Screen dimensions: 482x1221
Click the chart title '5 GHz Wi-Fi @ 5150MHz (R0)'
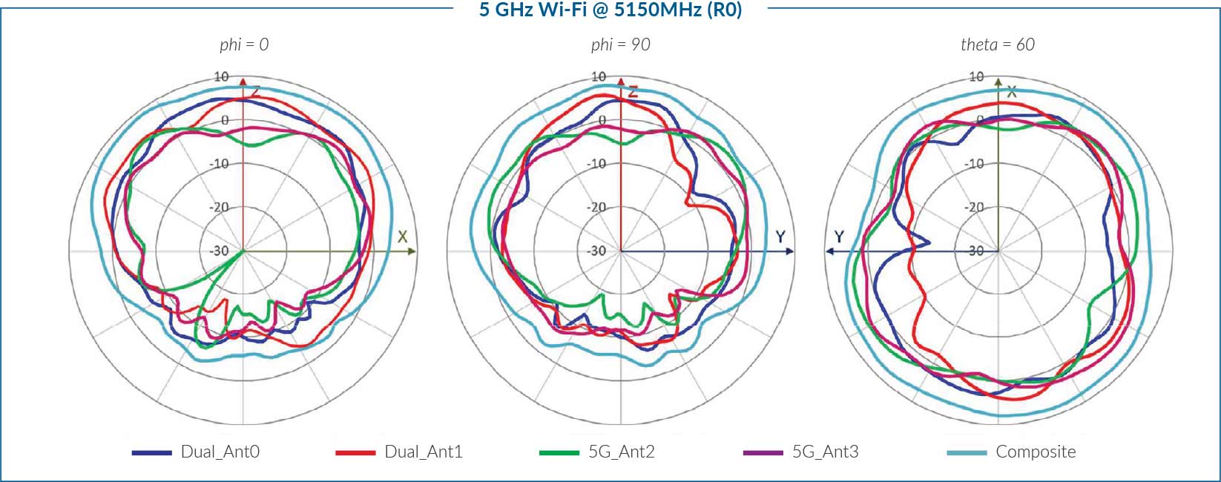[x=610, y=10]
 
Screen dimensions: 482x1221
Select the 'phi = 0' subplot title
[x=244, y=44]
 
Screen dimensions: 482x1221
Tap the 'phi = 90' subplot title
[x=620, y=44]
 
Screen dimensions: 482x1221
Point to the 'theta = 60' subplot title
[x=997, y=44]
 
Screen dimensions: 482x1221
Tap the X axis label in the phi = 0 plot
[x=402, y=237]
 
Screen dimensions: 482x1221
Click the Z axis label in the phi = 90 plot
[x=633, y=93]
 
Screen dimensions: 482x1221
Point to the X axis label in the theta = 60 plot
[x=1011, y=92]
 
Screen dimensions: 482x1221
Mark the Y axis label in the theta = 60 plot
[x=839, y=237]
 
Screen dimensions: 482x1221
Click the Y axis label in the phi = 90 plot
[x=780, y=237]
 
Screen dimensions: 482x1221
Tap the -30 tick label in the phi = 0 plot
[x=219, y=251]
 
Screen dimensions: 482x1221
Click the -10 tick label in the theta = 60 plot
[x=974, y=163]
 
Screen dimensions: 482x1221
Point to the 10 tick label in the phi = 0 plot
[x=221, y=76]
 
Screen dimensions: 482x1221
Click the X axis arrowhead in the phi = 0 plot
[x=411, y=251]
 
